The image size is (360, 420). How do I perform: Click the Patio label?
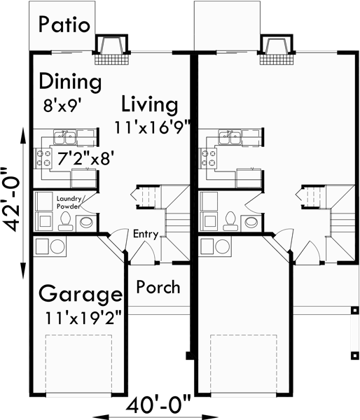point(64,24)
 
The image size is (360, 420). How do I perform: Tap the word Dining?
point(69,81)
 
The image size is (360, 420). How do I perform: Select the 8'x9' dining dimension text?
point(62,106)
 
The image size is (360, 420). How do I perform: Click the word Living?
point(149,105)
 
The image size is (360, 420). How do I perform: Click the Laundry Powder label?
point(70,203)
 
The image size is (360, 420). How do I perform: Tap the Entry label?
point(146,234)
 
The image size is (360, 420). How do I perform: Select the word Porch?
point(158,287)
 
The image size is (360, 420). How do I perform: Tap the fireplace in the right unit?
point(276,45)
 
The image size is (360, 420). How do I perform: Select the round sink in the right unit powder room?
point(251,223)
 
